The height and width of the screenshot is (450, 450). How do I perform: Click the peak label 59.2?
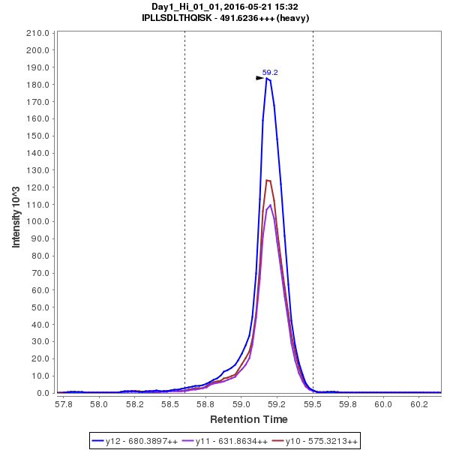click(270, 73)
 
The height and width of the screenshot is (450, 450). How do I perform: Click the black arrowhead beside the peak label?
click(260, 77)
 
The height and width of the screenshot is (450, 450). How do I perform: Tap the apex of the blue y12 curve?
click(267, 78)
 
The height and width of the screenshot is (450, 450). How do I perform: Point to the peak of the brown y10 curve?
click(268, 180)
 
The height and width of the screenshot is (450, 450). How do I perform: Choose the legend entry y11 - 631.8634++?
click(231, 442)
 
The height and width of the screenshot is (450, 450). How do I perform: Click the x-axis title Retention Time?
click(248, 419)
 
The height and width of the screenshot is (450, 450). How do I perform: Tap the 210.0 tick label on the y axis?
click(38, 34)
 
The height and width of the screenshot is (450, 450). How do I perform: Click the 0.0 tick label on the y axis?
click(43, 393)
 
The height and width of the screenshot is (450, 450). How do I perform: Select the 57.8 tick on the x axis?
click(64, 403)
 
